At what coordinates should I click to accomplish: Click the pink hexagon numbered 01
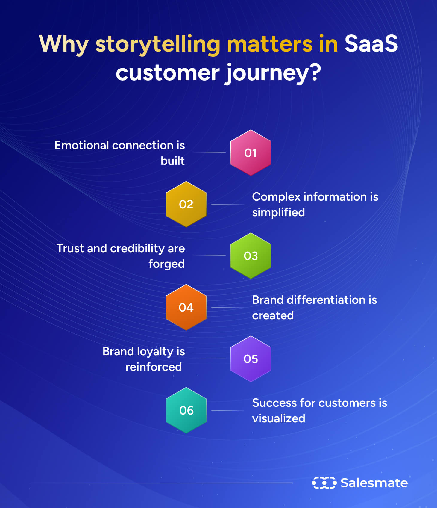[251, 153]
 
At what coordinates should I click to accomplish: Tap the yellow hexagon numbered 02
[186, 204]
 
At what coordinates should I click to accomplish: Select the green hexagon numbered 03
[251, 256]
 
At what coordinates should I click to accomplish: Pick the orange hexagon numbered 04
[186, 307]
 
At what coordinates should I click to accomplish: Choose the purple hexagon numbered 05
[251, 359]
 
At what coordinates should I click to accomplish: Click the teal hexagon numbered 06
[186, 410]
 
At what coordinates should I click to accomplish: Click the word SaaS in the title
[371, 44]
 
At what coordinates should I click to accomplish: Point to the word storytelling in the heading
[158, 44]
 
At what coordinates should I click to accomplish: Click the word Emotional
[81, 145]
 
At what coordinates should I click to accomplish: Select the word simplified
[278, 212]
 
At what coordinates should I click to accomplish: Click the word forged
[166, 264]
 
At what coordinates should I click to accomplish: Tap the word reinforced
[154, 367]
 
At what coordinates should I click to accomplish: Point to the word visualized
[278, 418]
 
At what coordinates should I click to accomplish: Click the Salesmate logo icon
[324, 483]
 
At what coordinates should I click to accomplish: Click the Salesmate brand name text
[374, 483]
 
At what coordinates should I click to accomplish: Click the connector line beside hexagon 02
[227, 204]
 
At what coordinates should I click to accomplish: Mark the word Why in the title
[63, 44]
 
